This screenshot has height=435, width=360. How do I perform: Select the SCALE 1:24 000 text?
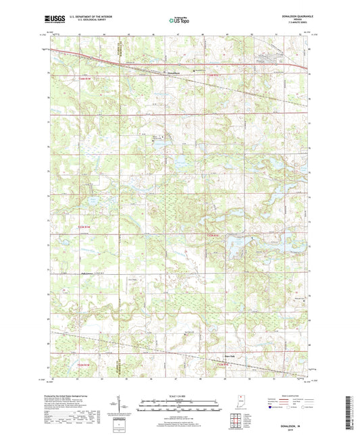pos(180,396)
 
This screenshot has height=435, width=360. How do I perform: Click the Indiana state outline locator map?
pos(240,404)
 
